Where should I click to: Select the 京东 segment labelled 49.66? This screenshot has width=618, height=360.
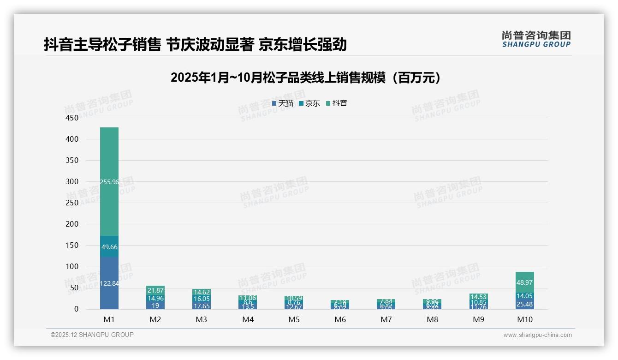coord(109,247)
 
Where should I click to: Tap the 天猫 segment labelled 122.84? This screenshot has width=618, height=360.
coord(109,283)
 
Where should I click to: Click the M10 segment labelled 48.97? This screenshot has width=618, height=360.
coord(525,282)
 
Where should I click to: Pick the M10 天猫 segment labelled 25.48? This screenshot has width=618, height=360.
coord(525,304)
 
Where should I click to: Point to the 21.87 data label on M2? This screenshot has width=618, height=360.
coord(155,290)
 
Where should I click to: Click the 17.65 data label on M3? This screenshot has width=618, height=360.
coord(202,306)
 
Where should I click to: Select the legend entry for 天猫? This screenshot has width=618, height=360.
coord(283,103)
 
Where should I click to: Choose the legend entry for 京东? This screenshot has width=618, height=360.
coord(309,103)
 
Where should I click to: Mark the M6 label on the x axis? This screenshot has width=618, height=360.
coord(340,319)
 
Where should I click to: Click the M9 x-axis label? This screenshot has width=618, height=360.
coord(479,319)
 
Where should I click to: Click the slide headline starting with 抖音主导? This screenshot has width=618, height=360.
coord(195,45)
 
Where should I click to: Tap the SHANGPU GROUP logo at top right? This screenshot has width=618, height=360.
coord(536,39)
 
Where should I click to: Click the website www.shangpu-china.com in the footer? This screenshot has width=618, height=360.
coord(537,335)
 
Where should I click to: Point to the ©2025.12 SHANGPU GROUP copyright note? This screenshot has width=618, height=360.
coord(92,335)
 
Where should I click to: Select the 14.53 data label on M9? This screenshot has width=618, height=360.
coord(479,297)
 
